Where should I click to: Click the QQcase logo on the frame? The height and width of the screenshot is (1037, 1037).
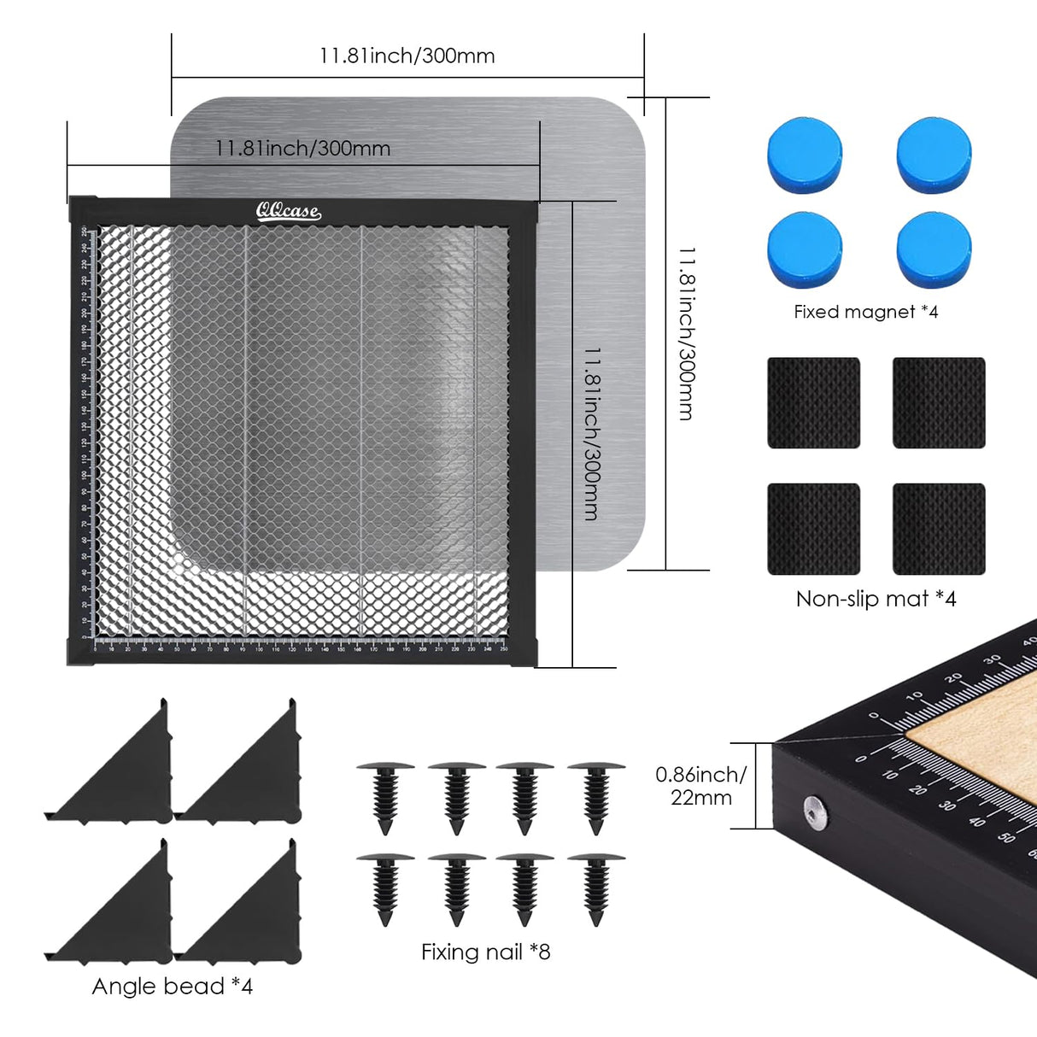[x=288, y=211]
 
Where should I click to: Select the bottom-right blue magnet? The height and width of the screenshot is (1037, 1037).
[x=934, y=250]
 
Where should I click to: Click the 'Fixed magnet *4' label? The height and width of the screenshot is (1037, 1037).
[x=865, y=312]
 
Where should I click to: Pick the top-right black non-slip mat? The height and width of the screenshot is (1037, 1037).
[x=939, y=402]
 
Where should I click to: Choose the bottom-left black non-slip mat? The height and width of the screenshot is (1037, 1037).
[x=813, y=529]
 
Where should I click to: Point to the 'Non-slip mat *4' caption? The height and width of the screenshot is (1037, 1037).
[x=876, y=599]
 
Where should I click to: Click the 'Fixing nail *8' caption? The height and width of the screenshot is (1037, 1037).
[x=485, y=952]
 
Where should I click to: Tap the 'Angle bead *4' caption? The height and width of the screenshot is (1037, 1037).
[x=172, y=987]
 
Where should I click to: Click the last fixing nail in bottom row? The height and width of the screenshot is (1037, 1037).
[x=596, y=888]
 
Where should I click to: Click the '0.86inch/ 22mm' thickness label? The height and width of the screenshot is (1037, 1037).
[x=700, y=786]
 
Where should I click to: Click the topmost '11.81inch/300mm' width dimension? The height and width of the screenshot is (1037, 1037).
[x=407, y=56]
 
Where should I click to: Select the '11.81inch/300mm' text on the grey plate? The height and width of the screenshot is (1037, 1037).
[x=302, y=149]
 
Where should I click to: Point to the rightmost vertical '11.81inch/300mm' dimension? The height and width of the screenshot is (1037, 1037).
[x=686, y=333]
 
